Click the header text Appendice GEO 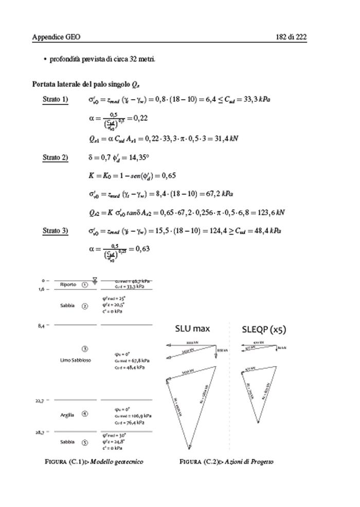click(x=56, y=37)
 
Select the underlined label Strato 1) click(x=55, y=100)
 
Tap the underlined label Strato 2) click(x=55, y=157)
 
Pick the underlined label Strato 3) click(x=55, y=231)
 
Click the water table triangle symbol click(x=95, y=280)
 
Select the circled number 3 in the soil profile click(x=85, y=349)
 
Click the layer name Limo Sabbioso click(x=75, y=360)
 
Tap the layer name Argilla click(x=67, y=414)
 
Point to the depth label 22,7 click(x=40, y=400)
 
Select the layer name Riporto click(x=68, y=284)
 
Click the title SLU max click(x=192, y=329)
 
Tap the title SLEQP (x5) click(x=263, y=330)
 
